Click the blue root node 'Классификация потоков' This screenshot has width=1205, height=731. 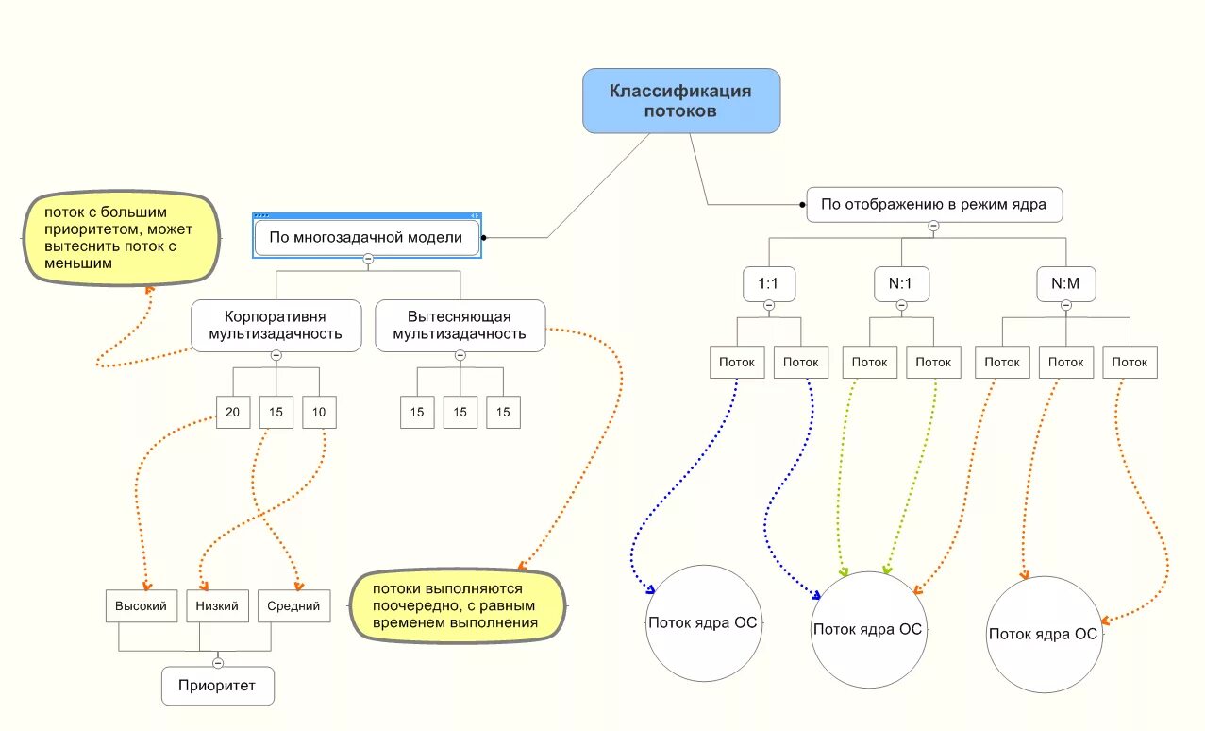click(681, 101)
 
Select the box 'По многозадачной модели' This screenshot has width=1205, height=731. click(367, 237)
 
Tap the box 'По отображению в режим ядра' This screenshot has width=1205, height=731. click(934, 205)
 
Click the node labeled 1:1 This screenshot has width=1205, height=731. click(769, 283)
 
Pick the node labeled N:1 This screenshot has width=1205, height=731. click(901, 283)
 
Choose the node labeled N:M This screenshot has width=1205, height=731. click(1065, 283)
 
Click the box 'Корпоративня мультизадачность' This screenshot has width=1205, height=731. click(276, 326)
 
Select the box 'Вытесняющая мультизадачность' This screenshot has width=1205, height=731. click(460, 326)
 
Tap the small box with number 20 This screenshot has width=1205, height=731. click(233, 413)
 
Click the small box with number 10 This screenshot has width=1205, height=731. click(319, 413)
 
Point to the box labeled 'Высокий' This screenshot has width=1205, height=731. click(141, 606)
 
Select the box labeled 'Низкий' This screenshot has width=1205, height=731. click(217, 606)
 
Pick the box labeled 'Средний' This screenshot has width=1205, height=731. click(293, 606)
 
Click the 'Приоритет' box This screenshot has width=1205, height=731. click(217, 686)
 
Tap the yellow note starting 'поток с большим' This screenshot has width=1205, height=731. click(122, 238)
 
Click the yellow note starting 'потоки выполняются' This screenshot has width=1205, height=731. click(458, 606)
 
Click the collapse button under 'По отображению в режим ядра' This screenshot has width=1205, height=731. click(933, 226)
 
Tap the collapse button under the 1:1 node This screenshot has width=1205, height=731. click(769, 306)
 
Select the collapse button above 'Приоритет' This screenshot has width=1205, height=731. click(217, 663)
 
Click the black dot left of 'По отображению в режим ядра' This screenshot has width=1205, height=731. click(802, 205)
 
